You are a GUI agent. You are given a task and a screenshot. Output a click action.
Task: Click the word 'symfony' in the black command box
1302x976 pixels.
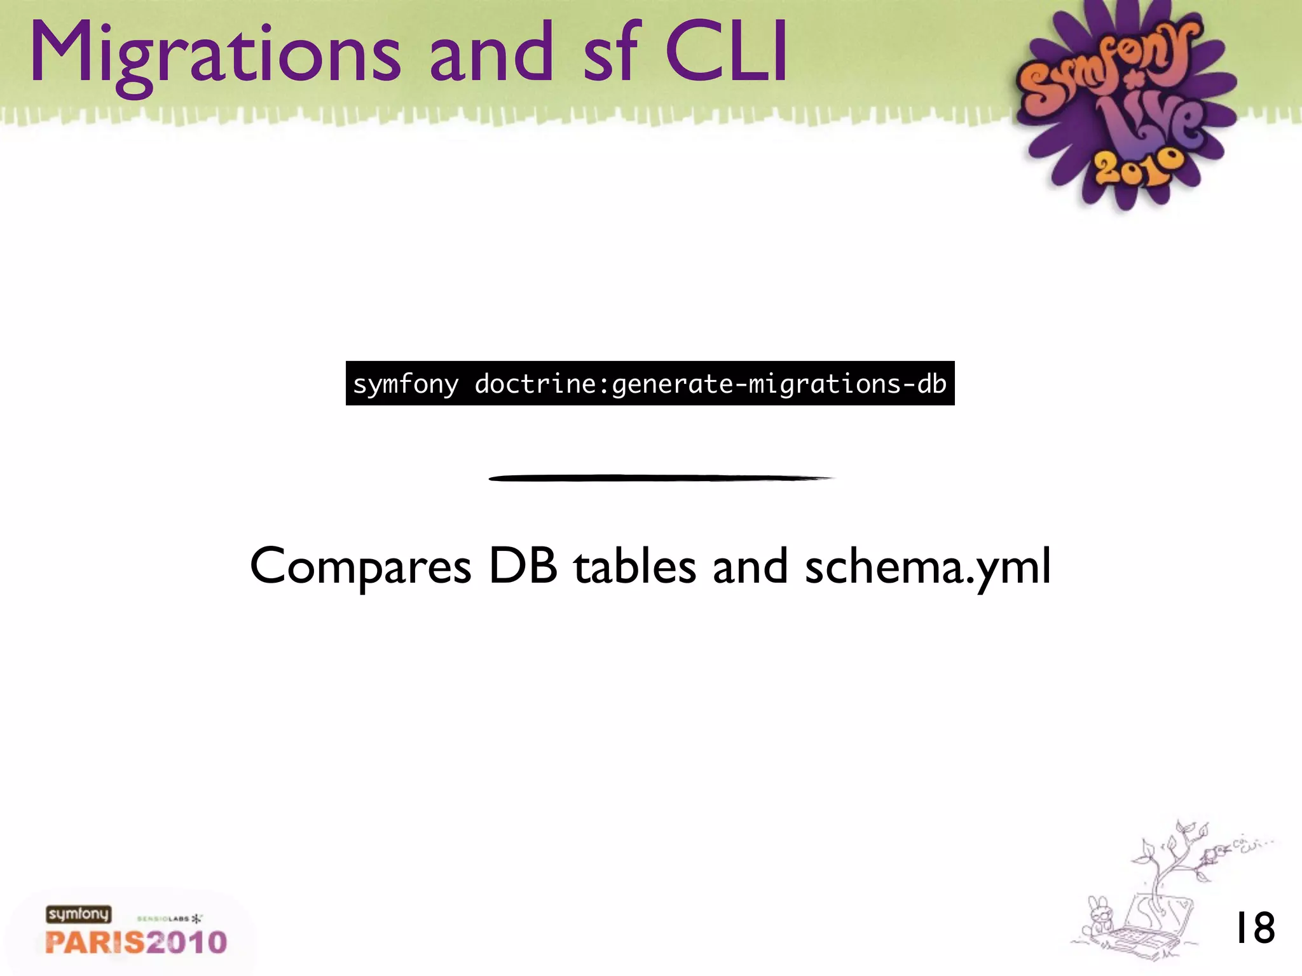(406, 384)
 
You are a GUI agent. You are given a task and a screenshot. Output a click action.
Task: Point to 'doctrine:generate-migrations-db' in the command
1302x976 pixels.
(710, 384)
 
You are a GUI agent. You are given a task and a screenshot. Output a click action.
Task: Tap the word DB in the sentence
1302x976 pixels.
(523, 566)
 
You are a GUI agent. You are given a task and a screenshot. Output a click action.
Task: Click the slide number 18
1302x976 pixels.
(1254, 928)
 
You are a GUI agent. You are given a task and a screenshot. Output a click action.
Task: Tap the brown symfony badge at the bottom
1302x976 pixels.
(78, 914)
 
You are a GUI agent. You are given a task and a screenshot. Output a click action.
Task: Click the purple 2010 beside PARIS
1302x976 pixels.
(186, 942)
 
